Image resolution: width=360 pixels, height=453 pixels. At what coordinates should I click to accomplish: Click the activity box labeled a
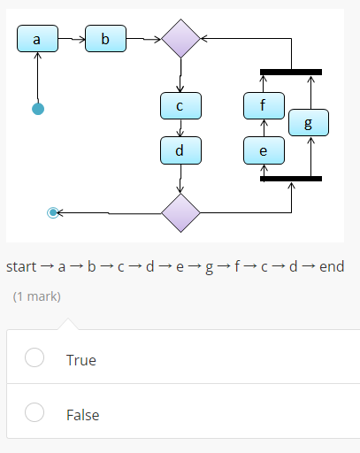click(x=37, y=39)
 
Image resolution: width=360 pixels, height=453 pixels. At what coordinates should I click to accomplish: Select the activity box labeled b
click(x=106, y=39)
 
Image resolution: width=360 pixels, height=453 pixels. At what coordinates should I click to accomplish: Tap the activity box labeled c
click(x=180, y=106)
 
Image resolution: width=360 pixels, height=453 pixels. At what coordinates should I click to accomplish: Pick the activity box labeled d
click(x=180, y=150)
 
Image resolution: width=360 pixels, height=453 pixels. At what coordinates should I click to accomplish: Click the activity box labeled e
click(x=264, y=150)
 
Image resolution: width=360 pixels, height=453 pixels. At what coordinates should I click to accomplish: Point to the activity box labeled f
click(x=264, y=106)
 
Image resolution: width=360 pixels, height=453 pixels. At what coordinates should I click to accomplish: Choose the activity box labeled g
click(x=308, y=123)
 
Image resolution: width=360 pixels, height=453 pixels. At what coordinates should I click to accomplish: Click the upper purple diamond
click(x=180, y=39)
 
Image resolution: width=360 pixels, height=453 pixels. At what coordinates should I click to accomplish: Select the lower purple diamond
click(x=180, y=212)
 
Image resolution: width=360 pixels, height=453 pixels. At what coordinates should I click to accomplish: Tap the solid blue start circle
click(x=38, y=109)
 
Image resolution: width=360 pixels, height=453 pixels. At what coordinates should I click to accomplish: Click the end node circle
click(x=53, y=212)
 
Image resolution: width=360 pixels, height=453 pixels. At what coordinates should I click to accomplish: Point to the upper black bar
click(x=291, y=72)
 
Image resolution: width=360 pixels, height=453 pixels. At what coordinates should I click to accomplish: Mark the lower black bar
click(x=291, y=179)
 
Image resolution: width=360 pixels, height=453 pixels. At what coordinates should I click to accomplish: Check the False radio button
click(x=34, y=412)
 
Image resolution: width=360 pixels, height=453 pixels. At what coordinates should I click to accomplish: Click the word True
click(x=81, y=360)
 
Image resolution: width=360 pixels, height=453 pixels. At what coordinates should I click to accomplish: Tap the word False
click(x=83, y=415)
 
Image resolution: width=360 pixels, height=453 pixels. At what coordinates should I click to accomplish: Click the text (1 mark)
click(x=37, y=296)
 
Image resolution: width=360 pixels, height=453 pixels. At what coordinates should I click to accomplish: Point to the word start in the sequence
click(x=21, y=266)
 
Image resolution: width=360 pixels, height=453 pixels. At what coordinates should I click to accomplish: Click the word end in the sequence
click(x=332, y=266)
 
